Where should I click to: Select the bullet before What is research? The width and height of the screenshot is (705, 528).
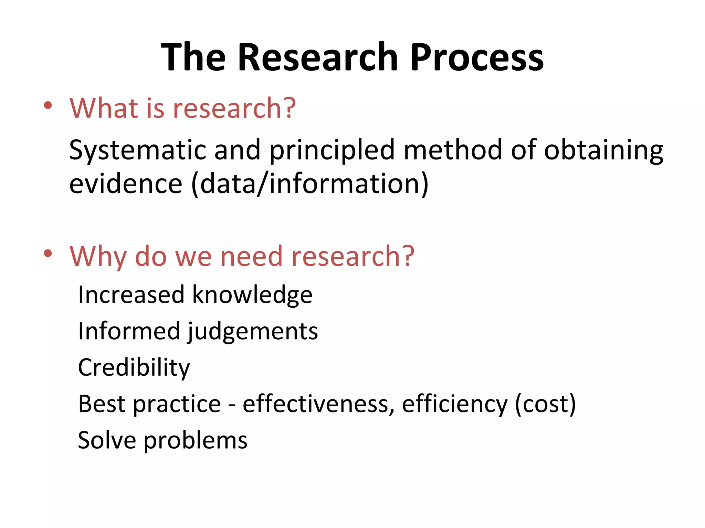(48, 106)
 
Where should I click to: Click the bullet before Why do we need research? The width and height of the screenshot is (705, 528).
(48, 254)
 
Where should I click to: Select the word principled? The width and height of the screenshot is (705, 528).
(332, 151)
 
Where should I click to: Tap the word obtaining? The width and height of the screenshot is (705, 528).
(603, 151)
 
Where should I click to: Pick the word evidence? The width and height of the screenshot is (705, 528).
(126, 184)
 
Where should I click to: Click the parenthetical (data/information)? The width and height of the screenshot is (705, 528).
(310, 185)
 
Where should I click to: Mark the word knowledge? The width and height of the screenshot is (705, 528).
(252, 295)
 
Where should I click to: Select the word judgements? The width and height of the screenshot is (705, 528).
(253, 332)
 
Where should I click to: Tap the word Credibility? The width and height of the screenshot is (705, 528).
(134, 368)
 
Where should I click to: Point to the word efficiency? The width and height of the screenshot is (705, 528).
(454, 405)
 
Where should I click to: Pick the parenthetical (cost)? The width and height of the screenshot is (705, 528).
(545, 405)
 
